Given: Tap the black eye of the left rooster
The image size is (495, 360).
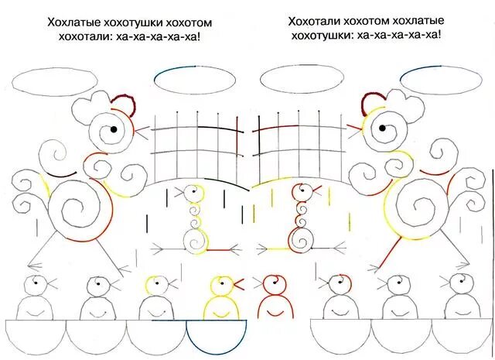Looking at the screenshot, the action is pyautogui.click(x=113, y=129).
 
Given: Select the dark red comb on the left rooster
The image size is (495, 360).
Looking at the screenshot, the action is pyautogui.click(x=122, y=105).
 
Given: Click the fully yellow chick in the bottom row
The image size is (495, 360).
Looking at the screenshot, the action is pyautogui.click(x=218, y=298).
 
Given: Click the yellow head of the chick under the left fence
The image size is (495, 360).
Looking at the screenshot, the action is pyautogui.click(x=191, y=191).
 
